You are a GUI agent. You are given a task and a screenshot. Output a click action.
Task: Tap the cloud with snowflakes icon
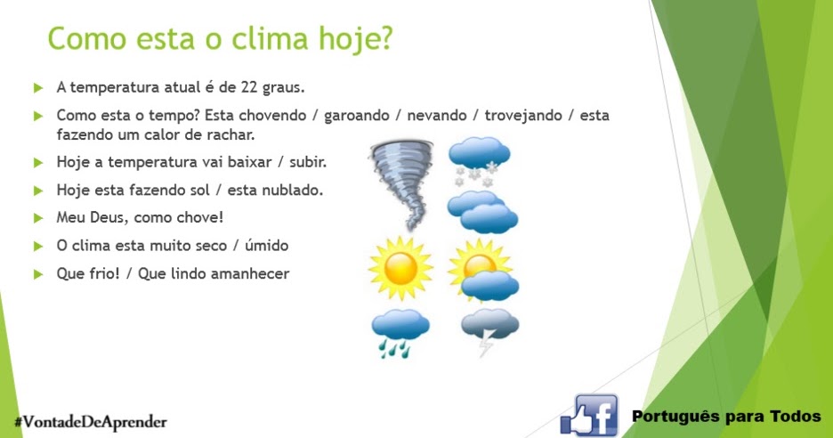(x=479, y=160)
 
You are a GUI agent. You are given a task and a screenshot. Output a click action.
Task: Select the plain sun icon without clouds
(x=400, y=267)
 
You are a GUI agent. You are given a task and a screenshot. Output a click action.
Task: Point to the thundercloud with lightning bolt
(x=489, y=330)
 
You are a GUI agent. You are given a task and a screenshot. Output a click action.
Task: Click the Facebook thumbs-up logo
(x=589, y=415)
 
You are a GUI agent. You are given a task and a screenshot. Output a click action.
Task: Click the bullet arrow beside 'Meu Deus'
(x=38, y=218)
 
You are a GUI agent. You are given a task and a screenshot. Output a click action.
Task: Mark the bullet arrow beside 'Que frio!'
(x=38, y=274)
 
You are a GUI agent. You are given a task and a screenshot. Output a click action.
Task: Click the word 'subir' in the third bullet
(x=308, y=163)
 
